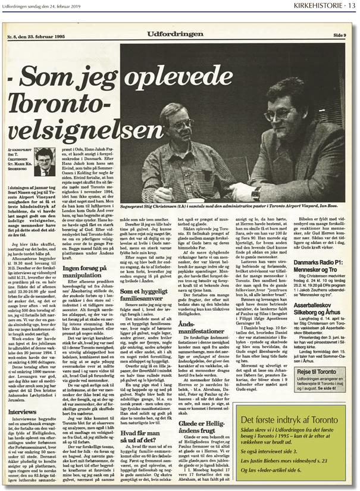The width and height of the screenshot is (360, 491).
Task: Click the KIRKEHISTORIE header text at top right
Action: [x=319, y=7]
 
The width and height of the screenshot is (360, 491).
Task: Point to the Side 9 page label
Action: [x=339, y=36]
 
